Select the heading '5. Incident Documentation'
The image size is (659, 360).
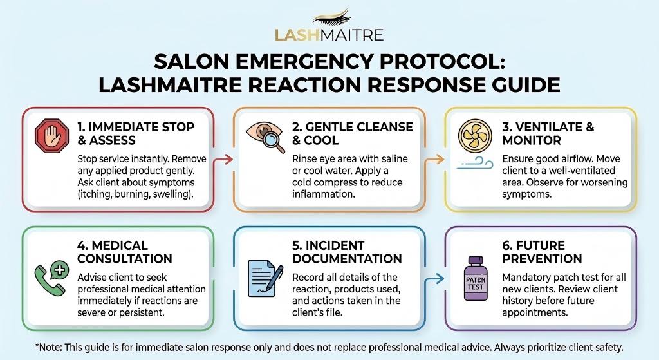pyautogui.click(x=347, y=252)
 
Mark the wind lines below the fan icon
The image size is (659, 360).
pyautogui.click(x=474, y=166)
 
